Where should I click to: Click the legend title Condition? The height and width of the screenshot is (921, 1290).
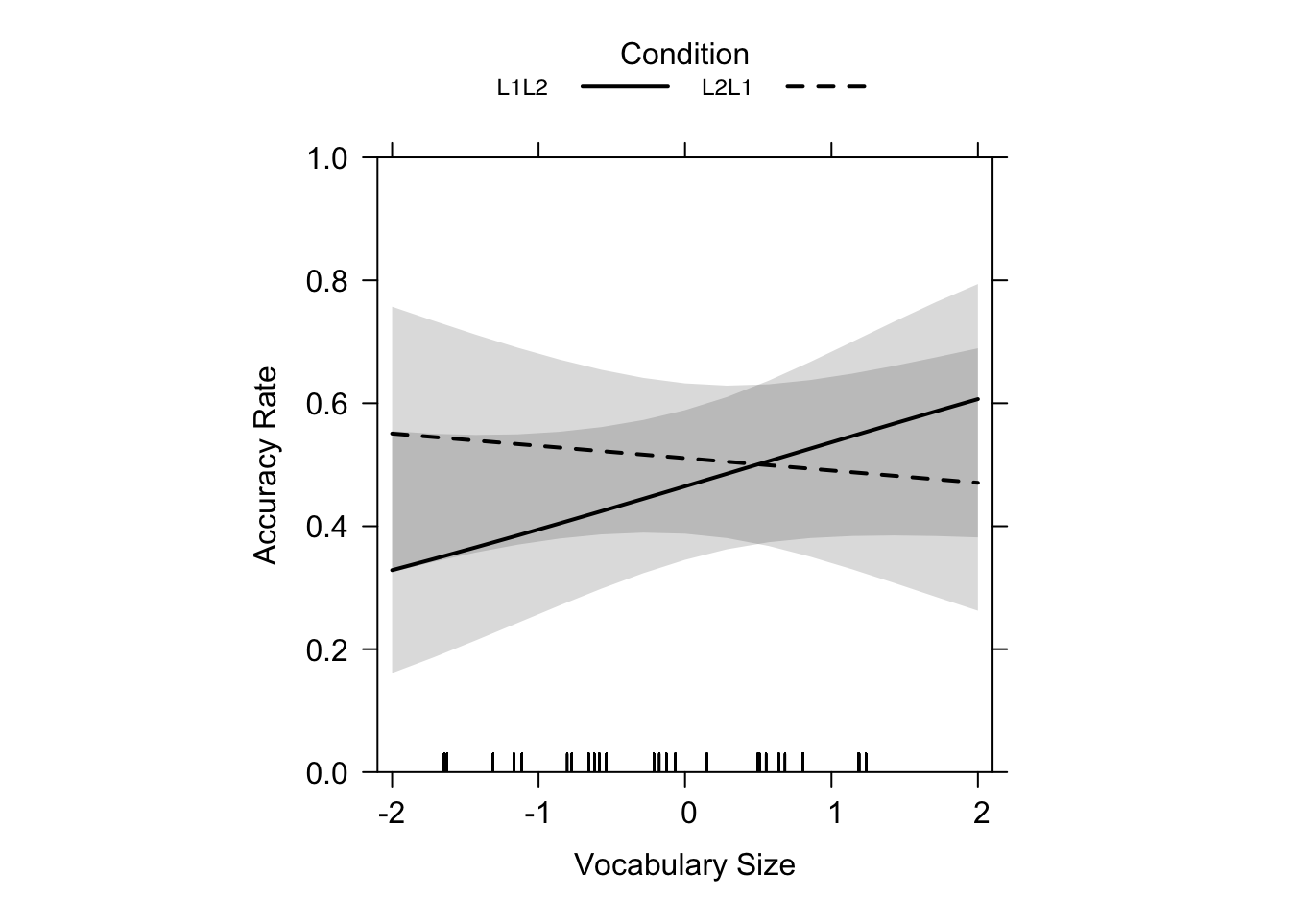pyautogui.click(x=684, y=54)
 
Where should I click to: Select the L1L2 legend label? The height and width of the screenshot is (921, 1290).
pyautogui.click(x=522, y=88)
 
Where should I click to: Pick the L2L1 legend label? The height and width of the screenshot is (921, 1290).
pyautogui.click(x=727, y=88)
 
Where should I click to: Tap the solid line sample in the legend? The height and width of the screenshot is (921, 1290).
pyautogui.click(x=625, y=87)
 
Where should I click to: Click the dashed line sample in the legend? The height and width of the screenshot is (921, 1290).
pyautogui.click(x=825, y=87)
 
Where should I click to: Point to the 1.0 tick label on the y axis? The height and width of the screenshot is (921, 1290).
pyautogui.click(x=327, y=158)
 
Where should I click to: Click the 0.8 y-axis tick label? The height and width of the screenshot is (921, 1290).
pyautogui.click(x=327, y=281)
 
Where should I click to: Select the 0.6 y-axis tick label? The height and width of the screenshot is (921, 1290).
pyautogui.click(x=327, y=404)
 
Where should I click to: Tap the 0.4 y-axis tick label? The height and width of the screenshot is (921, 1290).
pyautogui.click(x=327, y=527)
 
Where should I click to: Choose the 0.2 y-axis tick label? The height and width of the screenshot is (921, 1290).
pyautogui.click(x=327, y=649)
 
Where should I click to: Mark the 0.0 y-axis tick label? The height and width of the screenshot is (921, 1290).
pyautogui.click(x=327, y=772)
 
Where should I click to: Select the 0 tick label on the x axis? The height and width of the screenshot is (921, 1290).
pyautogui.click(x=687, y=815)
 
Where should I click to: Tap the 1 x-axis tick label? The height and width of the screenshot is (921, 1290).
pyautogui.click(x=834, y=815)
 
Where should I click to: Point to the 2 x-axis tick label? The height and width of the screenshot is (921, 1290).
pyautogui.click(x=980, y=815)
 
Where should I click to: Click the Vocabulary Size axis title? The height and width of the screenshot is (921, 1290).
pyautogui.click(x=684, y=865)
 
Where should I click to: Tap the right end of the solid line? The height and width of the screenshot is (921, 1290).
pyautogui.click(x=977, y=399)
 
